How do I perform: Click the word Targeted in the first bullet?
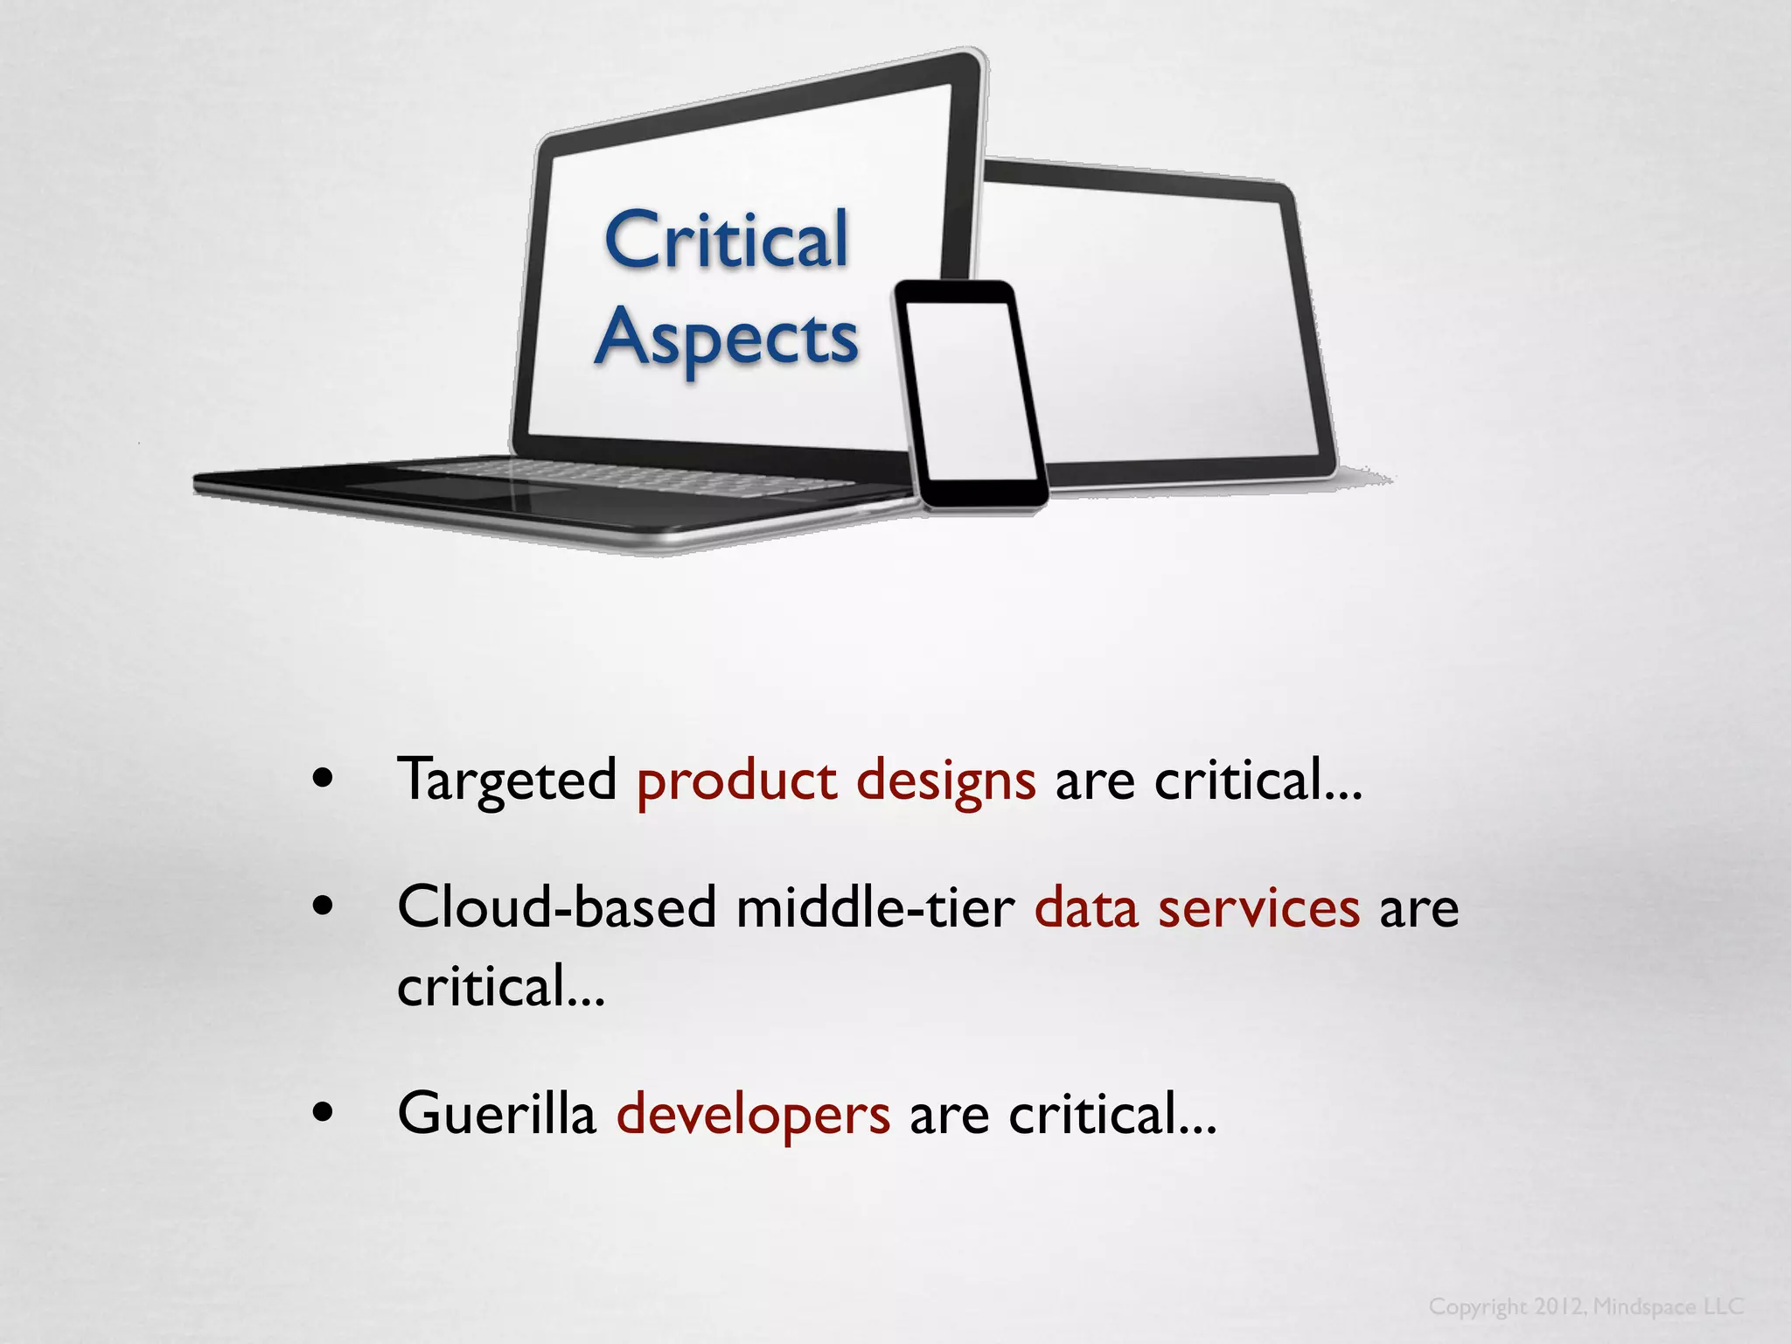[507, 780]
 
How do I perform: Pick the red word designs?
[945, 780]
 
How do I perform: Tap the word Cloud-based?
[556, 906]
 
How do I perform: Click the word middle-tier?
[875, 906]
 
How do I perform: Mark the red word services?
[1258, 906]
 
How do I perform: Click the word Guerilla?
[496, 1113]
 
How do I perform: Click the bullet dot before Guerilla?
[323, 1113]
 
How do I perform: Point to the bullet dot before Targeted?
[323, 779]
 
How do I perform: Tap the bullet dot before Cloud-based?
[323, 906]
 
